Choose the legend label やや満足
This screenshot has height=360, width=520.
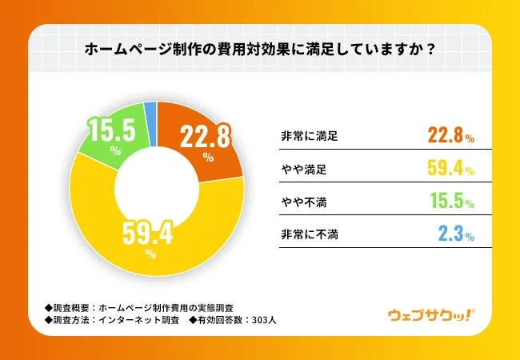coord(301,170)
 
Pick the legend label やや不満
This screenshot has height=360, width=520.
coord(301,202)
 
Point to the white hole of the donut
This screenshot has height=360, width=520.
coord(155,183)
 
